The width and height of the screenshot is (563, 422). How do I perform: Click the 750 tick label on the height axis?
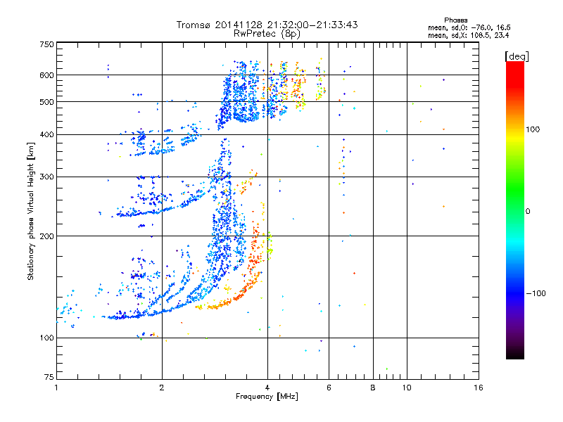(46, 44)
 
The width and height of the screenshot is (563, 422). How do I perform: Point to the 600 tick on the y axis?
(46, 75)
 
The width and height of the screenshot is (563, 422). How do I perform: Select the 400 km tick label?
(46, 135)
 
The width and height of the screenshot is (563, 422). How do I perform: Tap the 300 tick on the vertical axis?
(46, 177)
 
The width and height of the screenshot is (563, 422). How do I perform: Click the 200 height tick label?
(46, 236)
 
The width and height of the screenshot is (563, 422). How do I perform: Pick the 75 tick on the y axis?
(49, 378)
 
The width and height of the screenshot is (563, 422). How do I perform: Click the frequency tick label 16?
(478, 388)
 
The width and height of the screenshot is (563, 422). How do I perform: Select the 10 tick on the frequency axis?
(406, 388)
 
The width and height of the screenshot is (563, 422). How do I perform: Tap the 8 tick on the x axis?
(373, 388)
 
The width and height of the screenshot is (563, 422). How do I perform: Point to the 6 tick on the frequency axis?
(329, 388)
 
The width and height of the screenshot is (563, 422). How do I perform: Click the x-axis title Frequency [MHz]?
(266, 397)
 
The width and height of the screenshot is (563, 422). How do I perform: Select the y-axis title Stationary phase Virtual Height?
(31, 211)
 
